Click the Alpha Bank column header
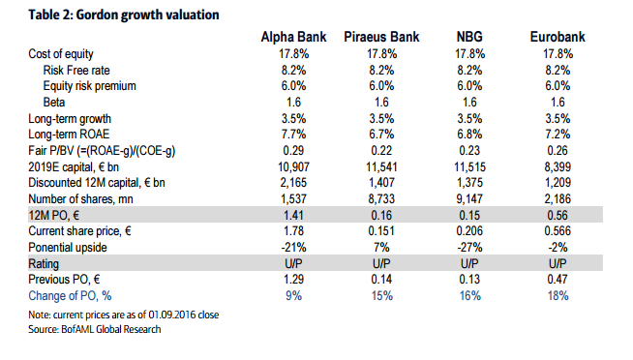coord(293,37)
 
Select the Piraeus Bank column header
coord(381,37)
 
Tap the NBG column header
coord(469,37)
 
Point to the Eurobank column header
coord(558,37)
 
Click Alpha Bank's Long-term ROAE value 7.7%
coord(293,135)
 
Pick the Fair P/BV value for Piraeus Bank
coord(381,151)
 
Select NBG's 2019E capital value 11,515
coord(469,166)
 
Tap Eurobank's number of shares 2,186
coord(558,199)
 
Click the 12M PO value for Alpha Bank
coord(293,215)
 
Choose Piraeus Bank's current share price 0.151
coord(381,231)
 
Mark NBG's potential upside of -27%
coord(469,247)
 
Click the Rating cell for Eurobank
coord(558,263)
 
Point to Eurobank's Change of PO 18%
coord(558,296)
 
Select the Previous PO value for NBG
coord(469,280)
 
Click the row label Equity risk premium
coord(90,86)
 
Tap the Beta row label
coord(54,103)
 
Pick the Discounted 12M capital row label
coord(97,183)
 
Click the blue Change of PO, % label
coord(70,296)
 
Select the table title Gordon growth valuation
coord(147,15)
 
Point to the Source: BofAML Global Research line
coord(95,329)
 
